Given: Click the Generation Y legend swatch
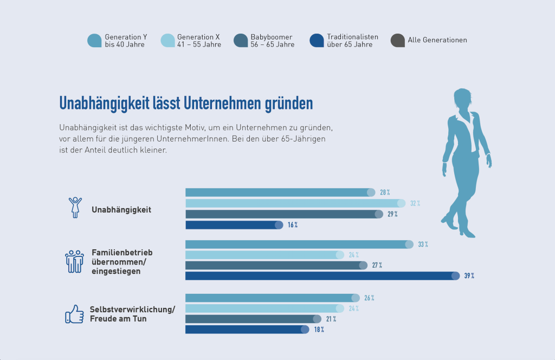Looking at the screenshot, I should click(94, 41).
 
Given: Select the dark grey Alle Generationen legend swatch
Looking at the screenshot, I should click(397, 41).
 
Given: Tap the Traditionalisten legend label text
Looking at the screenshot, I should click(352, 41).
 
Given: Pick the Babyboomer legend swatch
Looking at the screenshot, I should click(241, 41).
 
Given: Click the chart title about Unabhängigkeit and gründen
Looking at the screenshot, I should click(186, 102).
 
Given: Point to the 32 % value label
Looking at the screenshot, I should click(415, 203).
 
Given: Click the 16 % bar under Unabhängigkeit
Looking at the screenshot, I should click(233, 225).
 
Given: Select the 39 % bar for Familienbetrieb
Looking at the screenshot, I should click(322, 276).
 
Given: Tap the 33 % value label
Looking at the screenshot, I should click(423, 245).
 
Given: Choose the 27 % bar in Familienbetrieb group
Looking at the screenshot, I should click(276, 265).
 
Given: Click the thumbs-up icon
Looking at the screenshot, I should click(74, 314).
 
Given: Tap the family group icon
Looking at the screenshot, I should click(74, 261).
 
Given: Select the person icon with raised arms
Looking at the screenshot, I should click(75, 207).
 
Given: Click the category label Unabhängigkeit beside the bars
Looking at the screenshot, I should click(121, 210).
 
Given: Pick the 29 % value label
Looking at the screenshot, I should click(392, 214).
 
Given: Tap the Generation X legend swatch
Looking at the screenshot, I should click(168, 41).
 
